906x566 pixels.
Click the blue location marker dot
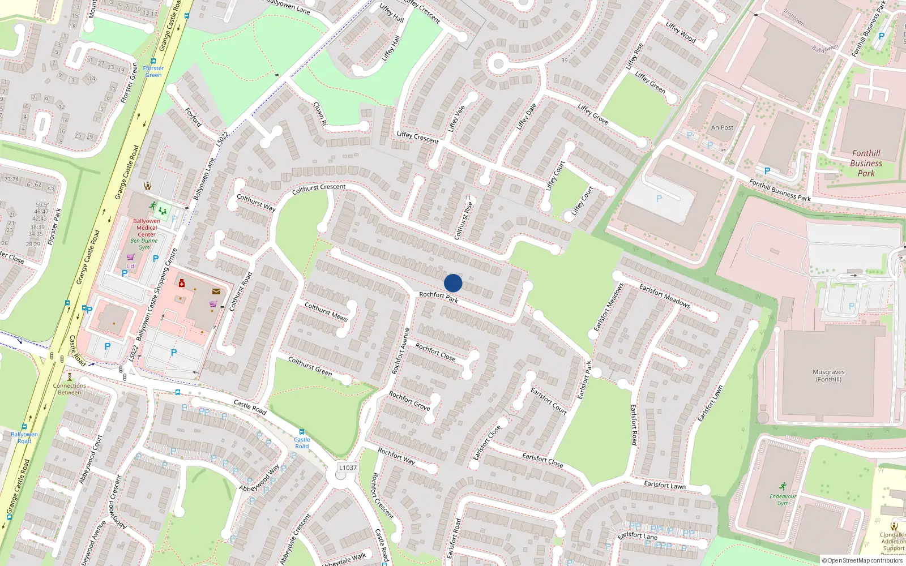(453, 283)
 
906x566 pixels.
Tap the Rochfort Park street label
(439, 297)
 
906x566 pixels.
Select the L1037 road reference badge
(348, 468)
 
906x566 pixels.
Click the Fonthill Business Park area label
(866, 163)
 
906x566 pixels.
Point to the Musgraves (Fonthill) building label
(828, 375)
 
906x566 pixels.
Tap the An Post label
(722, 127)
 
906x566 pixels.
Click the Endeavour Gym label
(783, 499)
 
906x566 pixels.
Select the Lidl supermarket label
(131, 265)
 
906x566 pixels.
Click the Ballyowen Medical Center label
(146, 228)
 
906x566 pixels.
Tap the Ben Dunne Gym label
(144, 244)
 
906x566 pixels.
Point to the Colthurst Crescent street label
(319, 188)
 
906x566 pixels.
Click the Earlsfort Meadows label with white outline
(665, 295)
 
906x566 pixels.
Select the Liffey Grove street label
(593, 114)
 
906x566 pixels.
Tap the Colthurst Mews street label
(326, 311)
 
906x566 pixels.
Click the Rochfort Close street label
(435, 351)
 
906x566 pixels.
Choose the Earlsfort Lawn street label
(664, 484)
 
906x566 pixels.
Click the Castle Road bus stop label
(302, 443)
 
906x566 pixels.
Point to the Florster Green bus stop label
(153, 71)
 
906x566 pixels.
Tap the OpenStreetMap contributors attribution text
(862, 560)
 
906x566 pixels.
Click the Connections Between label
(70, 389)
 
